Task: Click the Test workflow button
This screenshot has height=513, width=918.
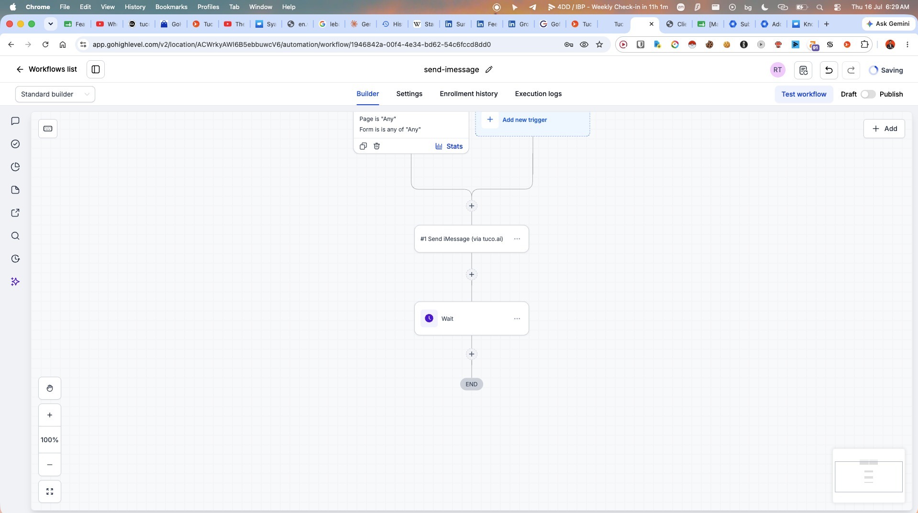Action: [804, 94]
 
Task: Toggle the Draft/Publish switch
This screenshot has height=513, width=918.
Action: [868, 94]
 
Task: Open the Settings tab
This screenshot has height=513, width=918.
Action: [409, 94]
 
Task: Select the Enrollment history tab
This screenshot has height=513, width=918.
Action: [468, 94]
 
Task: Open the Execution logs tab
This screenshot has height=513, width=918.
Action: [538, 94]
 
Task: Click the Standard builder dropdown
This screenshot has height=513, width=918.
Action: [55, 94]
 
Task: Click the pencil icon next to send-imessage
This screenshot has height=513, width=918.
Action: [489, 70]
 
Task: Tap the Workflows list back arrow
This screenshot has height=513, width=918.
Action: [20, 69]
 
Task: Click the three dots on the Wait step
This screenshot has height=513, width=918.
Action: [517, 318]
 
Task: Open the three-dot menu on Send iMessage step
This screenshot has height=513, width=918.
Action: [517, 239]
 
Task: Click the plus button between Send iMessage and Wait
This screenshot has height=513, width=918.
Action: [472, 274]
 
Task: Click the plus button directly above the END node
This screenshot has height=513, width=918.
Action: [472, 354]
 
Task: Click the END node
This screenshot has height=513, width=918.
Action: [472, 384]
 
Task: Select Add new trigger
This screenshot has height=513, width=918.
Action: [524, 120]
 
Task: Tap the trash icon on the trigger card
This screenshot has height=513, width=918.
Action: [376, 146]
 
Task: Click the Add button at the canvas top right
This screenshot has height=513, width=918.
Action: [884, 129]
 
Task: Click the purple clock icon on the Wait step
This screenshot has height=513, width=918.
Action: [429, 318]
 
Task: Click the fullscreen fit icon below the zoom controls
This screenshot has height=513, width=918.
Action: [50, 491]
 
